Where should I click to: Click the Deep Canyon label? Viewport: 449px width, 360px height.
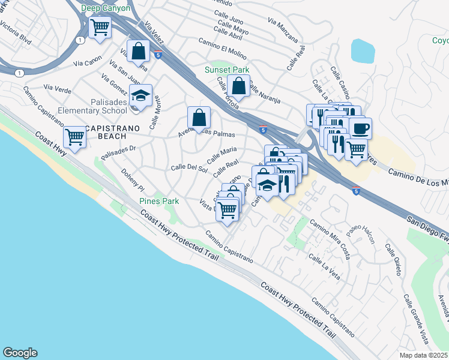(x=106, y=8)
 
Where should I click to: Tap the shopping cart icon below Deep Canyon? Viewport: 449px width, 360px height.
(x=100, y=27)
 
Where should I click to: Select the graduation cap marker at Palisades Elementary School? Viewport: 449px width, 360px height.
(x=141, y=96)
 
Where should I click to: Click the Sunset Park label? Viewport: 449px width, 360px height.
(x=228, y=69)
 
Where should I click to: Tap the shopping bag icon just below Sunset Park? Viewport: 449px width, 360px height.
(x=239, y=86)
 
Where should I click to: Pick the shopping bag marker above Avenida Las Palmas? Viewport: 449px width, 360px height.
(x=199, y=118)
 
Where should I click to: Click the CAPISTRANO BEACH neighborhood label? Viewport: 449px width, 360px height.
(x=112, y=128)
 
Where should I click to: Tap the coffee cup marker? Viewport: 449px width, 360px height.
(x=361, y=129)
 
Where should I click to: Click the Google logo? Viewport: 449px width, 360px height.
(x=20, y=353)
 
